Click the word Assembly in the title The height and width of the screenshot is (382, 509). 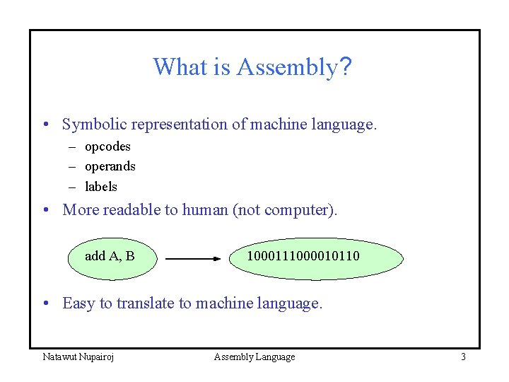tap(287, 67)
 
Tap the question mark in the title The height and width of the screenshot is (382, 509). tap(346, 67)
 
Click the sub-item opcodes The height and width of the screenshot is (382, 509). tap(107, 146)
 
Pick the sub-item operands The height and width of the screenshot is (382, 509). tap(110, 166)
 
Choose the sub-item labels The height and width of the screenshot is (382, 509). tap(101, 187)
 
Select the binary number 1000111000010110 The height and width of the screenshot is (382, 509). tap(303, 255)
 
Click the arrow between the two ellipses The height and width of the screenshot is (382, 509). tap(192, 259)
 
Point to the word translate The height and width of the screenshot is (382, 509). tap(145, 303)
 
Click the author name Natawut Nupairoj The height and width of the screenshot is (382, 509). tap(78, 357)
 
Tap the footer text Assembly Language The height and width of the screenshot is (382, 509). tap(255, 357)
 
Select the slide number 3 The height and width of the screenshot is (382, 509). tap(463, 357)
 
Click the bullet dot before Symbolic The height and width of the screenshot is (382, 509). tap(46, 126)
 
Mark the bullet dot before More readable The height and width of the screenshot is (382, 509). tap(46, 211)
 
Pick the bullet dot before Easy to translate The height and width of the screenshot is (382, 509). tap(46, 304)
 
